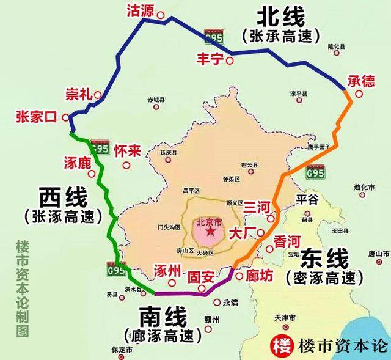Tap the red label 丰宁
pos(209,59)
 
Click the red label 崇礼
pos(78,94)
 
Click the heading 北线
pos(280,17)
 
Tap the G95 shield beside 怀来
pos(98,147)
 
